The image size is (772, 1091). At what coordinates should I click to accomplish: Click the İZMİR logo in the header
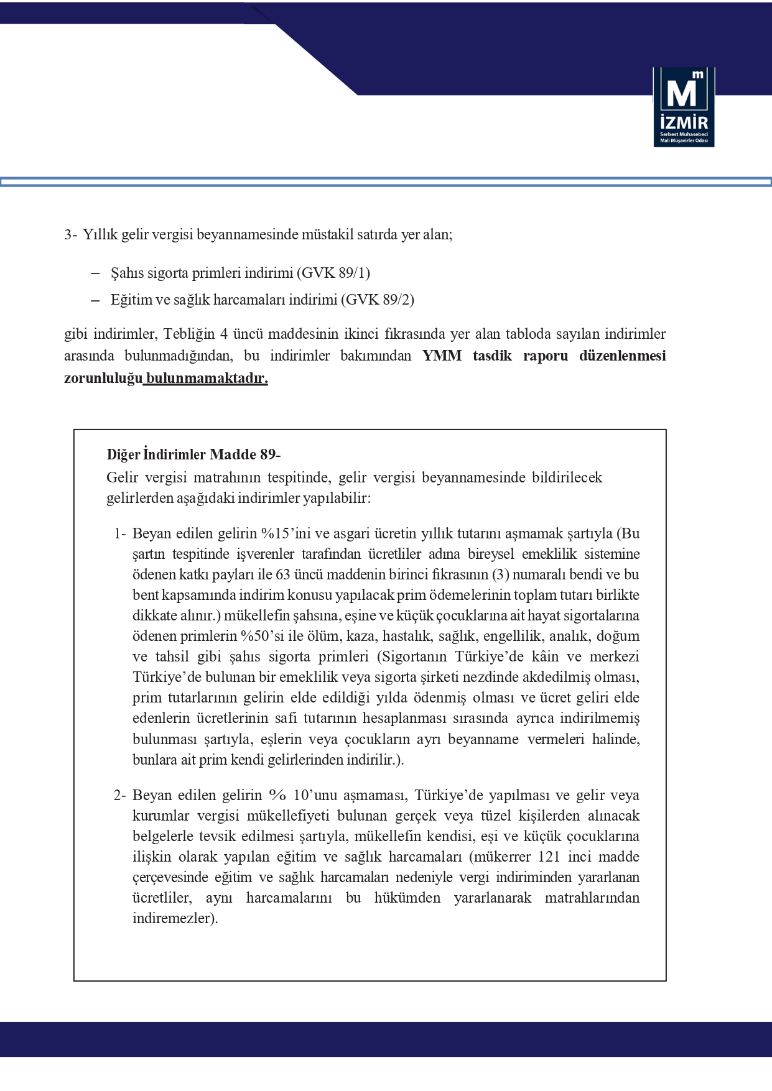click(683, 107)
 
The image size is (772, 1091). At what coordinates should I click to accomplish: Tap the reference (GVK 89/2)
click(377, 300)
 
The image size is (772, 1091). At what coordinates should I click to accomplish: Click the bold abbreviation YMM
click(442, 356)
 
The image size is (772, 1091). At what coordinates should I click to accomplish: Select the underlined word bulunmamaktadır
click(207, 378)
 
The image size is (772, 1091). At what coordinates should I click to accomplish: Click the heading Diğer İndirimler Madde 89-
click(193, 454)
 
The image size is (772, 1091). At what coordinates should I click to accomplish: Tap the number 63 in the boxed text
click(283, 574)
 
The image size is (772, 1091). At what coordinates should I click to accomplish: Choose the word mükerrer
click(505, 857)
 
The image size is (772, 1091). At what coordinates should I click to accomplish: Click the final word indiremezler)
click(175, 918)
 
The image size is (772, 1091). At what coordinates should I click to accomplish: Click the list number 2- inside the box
click(119, 795)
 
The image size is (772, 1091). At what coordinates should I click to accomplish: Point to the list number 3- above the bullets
click(70, 235)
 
